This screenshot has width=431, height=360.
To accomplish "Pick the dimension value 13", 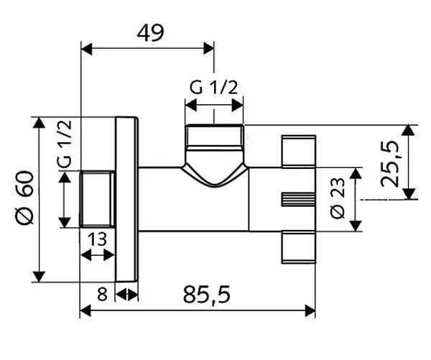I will coord(98,238).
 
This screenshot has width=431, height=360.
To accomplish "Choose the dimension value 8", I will coord(101,293).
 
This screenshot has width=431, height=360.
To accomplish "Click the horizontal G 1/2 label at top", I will coord(214,88).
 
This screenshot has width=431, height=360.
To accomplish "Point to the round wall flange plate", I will coord(126,199).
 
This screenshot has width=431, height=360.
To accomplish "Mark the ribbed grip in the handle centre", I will coord(297,199).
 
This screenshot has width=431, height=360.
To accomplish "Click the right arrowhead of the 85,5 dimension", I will coord(312,310).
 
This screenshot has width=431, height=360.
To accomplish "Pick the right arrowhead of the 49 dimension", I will coord(210,48).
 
